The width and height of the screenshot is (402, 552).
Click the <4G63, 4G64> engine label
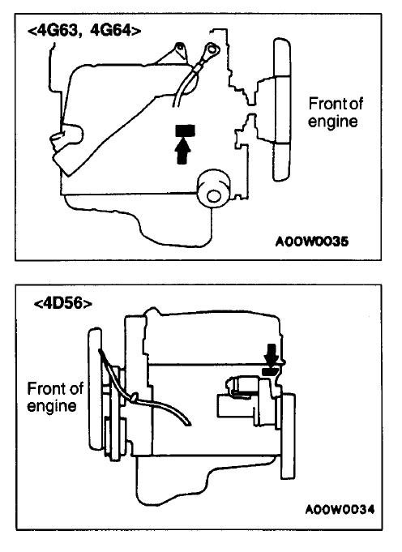tap(84, 31)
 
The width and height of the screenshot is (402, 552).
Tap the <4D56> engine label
tap(63, 303)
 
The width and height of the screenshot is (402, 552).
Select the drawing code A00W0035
tap(312, 242)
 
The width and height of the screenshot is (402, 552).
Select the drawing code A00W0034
tap(340, 509)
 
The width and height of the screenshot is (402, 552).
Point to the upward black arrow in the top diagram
tap(182, 151)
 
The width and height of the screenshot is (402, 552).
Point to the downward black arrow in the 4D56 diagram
tap(272, 354)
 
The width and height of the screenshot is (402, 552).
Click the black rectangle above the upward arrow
tap(185, 131)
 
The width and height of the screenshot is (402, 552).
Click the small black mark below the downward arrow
tap(270, 371)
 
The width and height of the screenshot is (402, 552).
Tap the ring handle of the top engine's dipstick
tap(212, 49)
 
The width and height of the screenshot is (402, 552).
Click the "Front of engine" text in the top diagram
tap(335, 113)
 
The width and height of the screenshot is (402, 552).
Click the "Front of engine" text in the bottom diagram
tap(55, 397)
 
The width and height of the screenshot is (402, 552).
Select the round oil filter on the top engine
tap(213, 189)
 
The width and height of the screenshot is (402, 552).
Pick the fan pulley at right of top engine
tap(282, 109)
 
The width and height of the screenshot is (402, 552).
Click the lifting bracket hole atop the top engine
tap(180, 46)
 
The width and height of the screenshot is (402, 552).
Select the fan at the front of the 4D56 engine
tap(95, 389)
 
